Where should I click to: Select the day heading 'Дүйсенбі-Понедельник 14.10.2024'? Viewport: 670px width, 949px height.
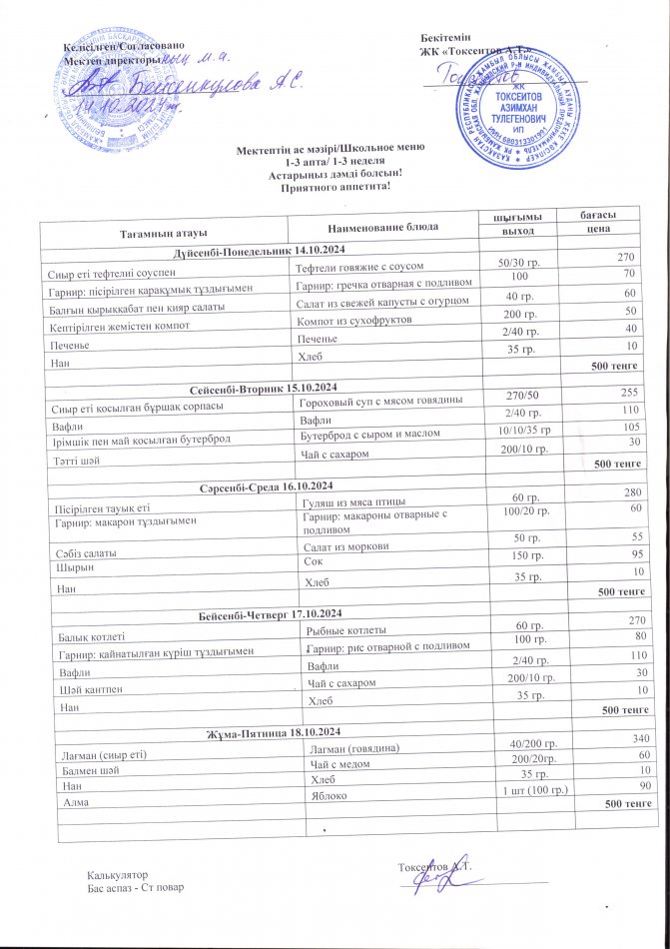(x=259, y=250)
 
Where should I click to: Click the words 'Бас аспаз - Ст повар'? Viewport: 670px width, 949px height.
(x=135, y=887)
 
